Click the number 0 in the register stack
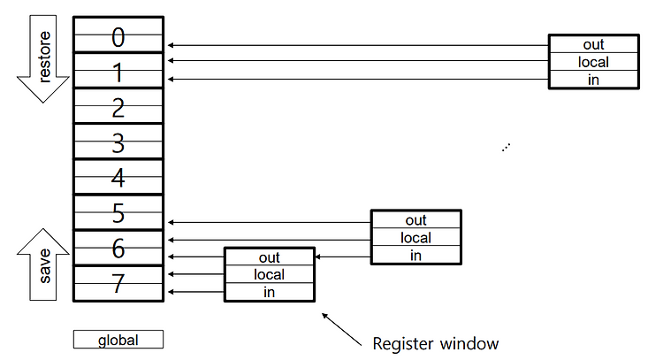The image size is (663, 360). click(118, 37)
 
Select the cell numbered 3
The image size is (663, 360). click(118, 142)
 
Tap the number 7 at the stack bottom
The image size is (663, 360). click(118, 283)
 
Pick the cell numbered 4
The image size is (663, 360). click(118, 177)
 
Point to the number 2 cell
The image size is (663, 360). click(118, 106)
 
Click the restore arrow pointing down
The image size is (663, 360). click(43, 59)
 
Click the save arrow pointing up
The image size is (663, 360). click(43, 264)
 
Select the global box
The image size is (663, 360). click(118, 340)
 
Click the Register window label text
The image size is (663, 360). click(436, 343)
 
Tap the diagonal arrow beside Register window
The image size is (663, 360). click(341, 330)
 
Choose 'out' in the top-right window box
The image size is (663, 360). click(594, 44)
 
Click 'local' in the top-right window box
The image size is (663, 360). click(594, 62)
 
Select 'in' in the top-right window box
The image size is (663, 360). click(594, 80)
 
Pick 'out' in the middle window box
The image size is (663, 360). click(416, 220)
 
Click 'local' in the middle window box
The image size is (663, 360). click(416, 238)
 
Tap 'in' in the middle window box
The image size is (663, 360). click(416, 255)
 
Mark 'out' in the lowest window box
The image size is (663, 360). click(270, 257)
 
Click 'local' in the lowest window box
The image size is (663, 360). click(270, 274)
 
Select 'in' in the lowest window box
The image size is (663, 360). click(270, 292)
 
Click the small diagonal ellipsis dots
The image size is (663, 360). click(507, 147)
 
